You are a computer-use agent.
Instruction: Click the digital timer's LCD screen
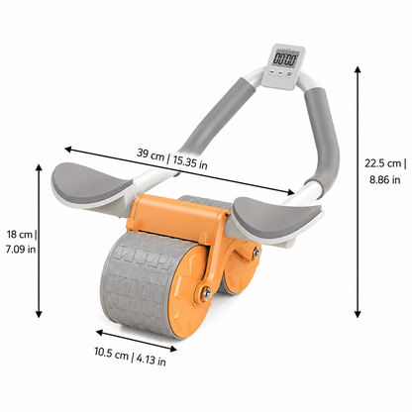coord(285,59)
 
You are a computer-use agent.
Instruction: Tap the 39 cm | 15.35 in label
coord(172,158)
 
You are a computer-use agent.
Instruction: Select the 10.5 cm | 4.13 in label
coord(130,357)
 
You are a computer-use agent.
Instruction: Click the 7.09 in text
coord(21,249)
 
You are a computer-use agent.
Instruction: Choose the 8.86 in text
coord(384,180)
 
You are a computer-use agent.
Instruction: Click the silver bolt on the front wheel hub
coord(207,292)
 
